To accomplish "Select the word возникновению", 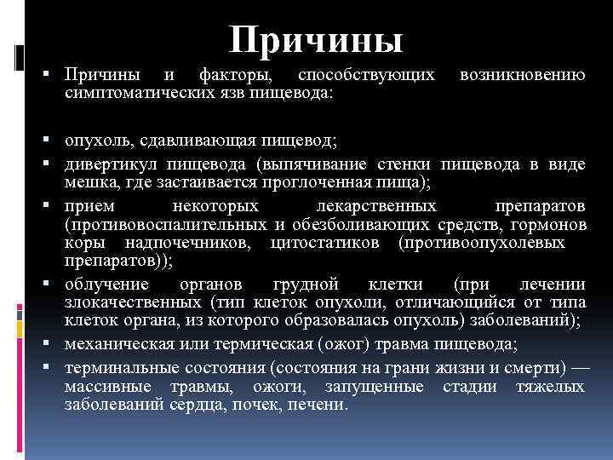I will point(522,77).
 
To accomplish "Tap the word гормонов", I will point(549,225).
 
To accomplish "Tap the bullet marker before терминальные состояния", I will point(54,367).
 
